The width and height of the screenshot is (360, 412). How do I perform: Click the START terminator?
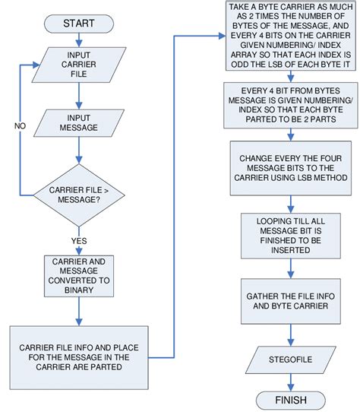78,24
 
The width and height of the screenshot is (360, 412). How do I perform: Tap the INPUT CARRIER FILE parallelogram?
78,67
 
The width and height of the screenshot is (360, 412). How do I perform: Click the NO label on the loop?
20,125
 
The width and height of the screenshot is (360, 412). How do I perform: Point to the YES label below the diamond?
78,242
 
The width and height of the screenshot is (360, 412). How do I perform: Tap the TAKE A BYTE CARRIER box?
289,36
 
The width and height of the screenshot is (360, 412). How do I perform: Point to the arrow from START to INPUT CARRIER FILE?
78,40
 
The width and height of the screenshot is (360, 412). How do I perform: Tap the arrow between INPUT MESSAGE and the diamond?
78,154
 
